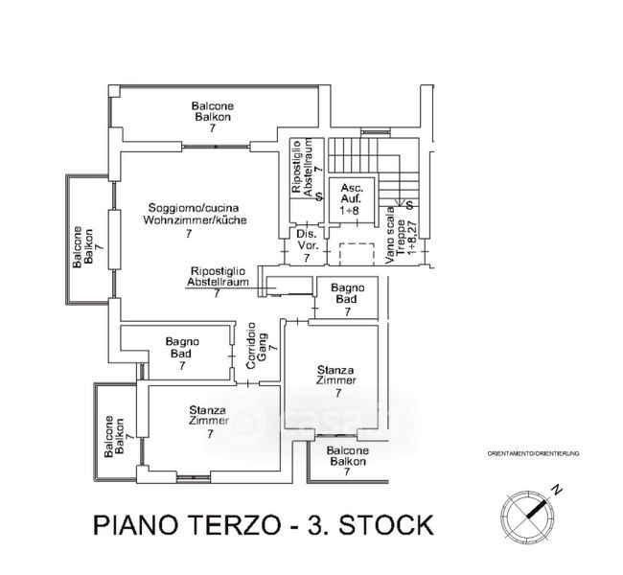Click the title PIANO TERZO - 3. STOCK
pos(263,525)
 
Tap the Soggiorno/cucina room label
pos(194,219)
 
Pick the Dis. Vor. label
pos(306,244)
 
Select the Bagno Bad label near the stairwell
pos(345,299)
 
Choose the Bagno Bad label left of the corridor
pos(181,353)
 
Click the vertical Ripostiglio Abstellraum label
pos(301,169)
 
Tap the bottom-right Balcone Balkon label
pos(346,460)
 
